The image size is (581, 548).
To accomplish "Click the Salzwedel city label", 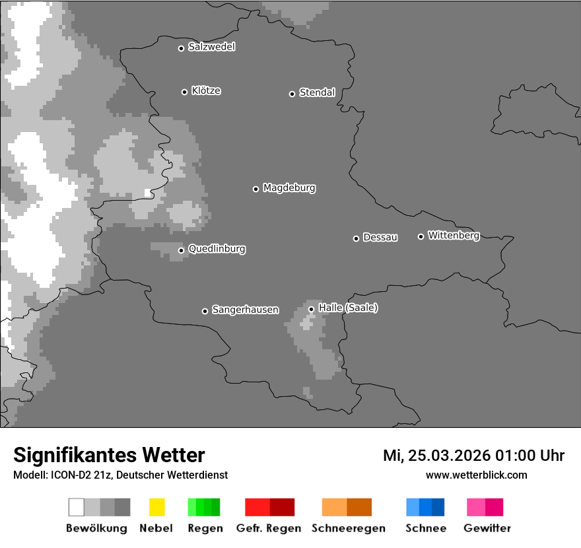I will point(211,47).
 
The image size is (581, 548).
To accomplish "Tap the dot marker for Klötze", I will point(184,92).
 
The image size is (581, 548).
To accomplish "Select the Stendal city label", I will point(317,92).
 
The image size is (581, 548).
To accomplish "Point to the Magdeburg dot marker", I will point(256,189).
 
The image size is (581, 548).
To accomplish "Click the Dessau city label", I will point(380,237).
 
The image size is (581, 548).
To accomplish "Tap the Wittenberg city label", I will point(454,235).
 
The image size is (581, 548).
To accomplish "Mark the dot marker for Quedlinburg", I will point(181,250).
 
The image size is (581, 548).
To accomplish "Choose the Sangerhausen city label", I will point(245,310).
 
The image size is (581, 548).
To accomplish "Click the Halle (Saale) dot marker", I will point(311,309).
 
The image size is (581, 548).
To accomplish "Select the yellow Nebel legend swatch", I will point(156,507).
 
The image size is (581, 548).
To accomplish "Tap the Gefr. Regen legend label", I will point(269,528).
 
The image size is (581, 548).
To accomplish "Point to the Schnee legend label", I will point(426,528).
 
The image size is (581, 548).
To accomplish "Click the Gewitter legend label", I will point(487,528).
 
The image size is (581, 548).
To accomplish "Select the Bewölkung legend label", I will point(96,528).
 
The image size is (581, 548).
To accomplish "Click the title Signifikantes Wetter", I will point(109,456).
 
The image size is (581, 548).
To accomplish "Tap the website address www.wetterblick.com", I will point(477,475).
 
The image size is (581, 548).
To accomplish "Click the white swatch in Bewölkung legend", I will point(76,507).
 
